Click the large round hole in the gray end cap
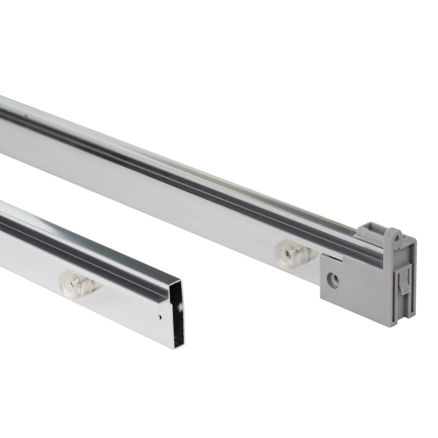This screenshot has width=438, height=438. pos(333,281)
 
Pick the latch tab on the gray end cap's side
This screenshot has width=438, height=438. pos(405,282)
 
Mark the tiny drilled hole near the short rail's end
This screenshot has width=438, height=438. pos(159,316)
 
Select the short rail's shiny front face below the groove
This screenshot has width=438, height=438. pos(120,307)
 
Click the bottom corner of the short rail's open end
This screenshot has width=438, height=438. pos(176,347)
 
